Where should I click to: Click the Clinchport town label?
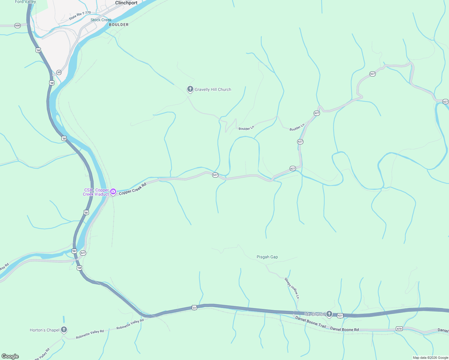click(x=126, y=3)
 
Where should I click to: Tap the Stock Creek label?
click(x=101, y=20)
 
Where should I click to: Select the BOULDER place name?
click(x=119, y=25)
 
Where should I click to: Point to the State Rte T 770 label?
click(x=80, y=16)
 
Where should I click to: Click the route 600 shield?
click(x=17, y=26)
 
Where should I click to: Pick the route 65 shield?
click(x=59, y=72)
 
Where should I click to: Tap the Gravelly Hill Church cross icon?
click(x=190, y=89)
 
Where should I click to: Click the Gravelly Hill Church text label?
click(x=213, y=89)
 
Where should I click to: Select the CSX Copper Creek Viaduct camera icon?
click(x=113, y=191)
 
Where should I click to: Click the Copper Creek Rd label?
click(x=132, y=189)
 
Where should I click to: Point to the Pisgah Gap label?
click(x=267, y=257)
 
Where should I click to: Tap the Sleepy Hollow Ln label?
click(x=292, y=288)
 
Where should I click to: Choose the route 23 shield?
click(x=194, y=308)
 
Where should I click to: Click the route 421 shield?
click(x=340, y=316)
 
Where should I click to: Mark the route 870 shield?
click(x=399, y=329)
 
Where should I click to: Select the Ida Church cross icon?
click(x=329, y=314)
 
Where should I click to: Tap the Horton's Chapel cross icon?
click(x=64, y=329)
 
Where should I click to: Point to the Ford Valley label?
click(x=26, y=2)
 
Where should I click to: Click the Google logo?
click(x=10, y=356)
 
